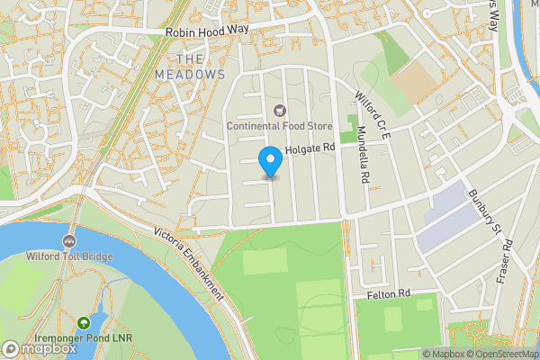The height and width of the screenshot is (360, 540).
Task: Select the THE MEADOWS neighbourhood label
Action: click(x=189, y=65)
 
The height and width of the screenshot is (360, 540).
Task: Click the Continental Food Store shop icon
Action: click(x=279, y=111)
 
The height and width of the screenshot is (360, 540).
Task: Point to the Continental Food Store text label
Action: click(x=279, y=127)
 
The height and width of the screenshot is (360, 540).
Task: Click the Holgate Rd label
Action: click(x=310, y=148)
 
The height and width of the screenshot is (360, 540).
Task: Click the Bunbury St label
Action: click(x=483, y=208)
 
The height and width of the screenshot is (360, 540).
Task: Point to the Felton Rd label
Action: click(x=388, y=294)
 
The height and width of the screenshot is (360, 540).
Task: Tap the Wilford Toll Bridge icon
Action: click(x=68, y=241)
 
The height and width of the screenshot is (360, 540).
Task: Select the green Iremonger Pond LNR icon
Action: click(x=84, y=322)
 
